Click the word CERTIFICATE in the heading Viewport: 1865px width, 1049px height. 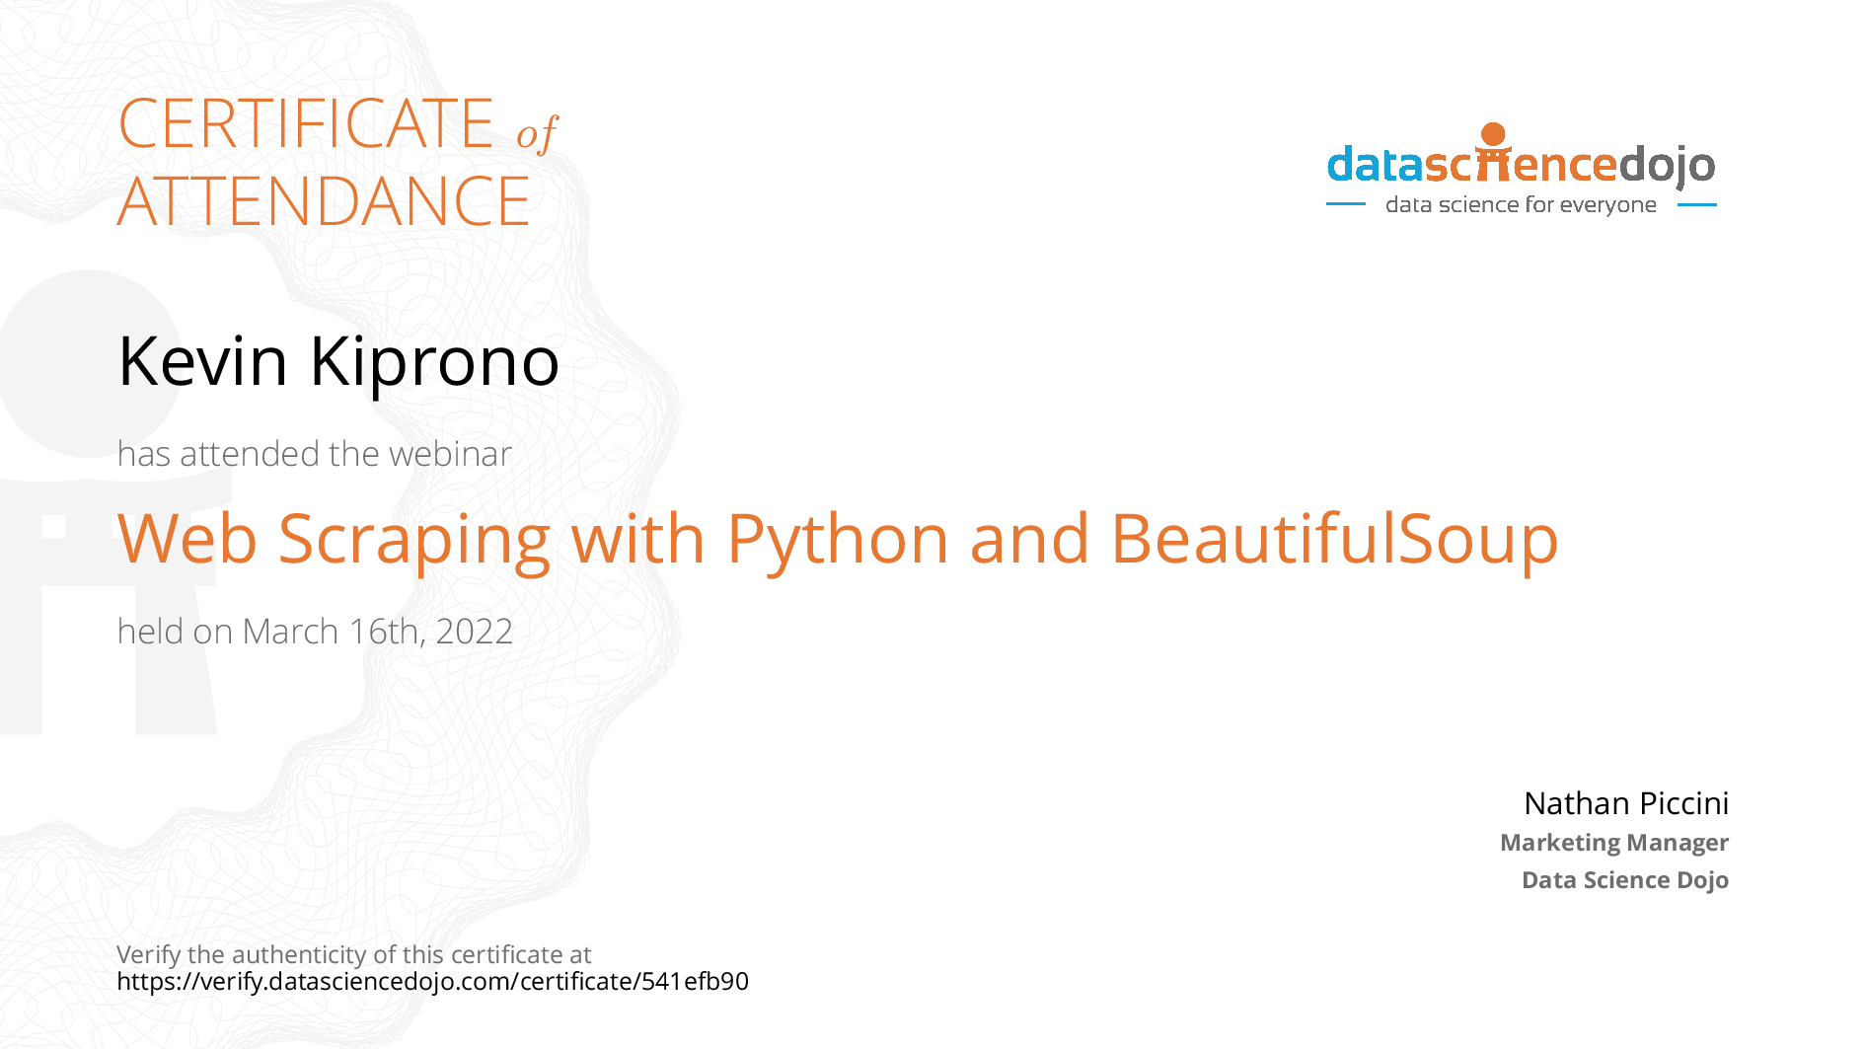pyautogui.click(x=306, y=123)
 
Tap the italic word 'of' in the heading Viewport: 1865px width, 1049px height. pyautogui.click(x=537, y=133)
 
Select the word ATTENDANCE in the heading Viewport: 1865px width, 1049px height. pyautogui.click(x=324, y=201)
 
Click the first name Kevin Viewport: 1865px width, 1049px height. pyautogui.click(x=203, y=360)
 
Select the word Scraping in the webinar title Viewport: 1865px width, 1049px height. pyautogui.click(x=413, y=541)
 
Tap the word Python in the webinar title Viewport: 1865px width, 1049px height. pyautogui.click(x=838, y=541)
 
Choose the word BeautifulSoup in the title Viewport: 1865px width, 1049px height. pyautogui.click(x=1334, y=541)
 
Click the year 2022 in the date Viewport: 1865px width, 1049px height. pyautogui.click(x=475, y=632)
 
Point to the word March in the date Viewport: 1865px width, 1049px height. pyautogui.click(x=290, y=632)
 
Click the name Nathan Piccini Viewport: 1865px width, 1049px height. pyautogui.click(x=1626, y=803)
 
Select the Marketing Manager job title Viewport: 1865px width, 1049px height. pyautogui.click(x=1614, y=843)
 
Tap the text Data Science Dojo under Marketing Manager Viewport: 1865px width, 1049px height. pyautogui.click(x=1625, y=879)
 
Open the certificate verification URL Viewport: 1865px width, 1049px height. pyautogui.click(x=433, y=982)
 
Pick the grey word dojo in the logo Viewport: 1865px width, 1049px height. pyautogui.click(x=1667, y=167)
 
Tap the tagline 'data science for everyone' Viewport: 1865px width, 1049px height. pyautogui.click(x=1521, y=205)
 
